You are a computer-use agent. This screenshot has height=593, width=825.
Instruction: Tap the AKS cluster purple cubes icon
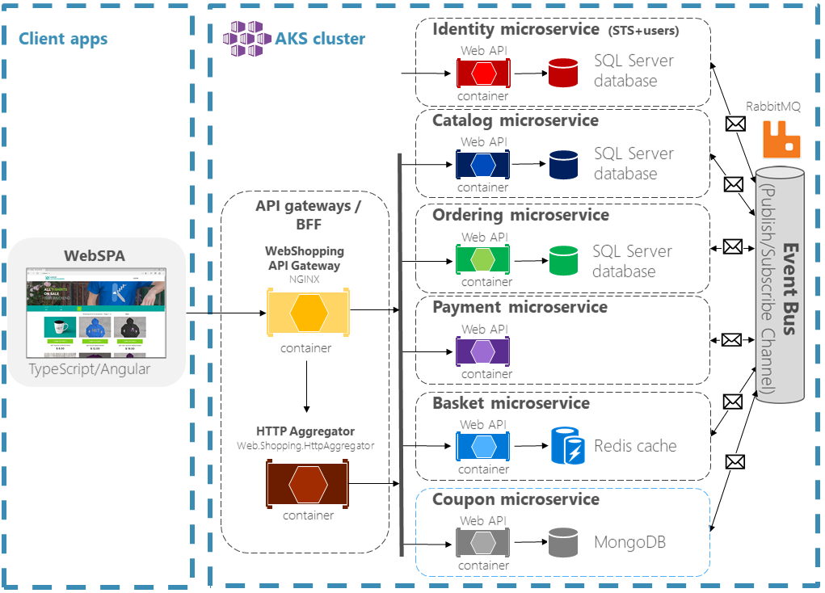(246, 38)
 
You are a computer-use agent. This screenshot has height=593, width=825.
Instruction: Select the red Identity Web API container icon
(483, 74)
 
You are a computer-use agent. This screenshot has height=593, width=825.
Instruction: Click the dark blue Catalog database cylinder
(563, 165)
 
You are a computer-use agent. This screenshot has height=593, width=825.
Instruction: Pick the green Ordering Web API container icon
(483, 259)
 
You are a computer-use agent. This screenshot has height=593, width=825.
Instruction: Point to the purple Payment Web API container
(483, 351)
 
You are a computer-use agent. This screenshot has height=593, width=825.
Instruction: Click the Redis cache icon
(567, 446)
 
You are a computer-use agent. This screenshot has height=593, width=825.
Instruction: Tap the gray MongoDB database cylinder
(563, 542)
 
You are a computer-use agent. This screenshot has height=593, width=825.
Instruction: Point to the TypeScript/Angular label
(90, 369)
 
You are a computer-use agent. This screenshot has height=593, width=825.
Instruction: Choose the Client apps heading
(63, 39)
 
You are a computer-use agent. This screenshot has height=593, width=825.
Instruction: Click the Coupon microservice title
(516, 499)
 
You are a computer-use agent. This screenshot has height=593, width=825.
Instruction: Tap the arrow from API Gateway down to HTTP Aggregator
(307, 386)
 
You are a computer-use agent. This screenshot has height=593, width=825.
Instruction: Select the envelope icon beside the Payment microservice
(731, 340)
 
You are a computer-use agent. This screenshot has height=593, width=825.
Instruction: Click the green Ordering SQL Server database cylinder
(563, 260)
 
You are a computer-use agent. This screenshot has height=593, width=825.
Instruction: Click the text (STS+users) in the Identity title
(643, 32)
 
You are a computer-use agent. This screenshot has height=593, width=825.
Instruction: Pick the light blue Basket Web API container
(483, 446)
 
